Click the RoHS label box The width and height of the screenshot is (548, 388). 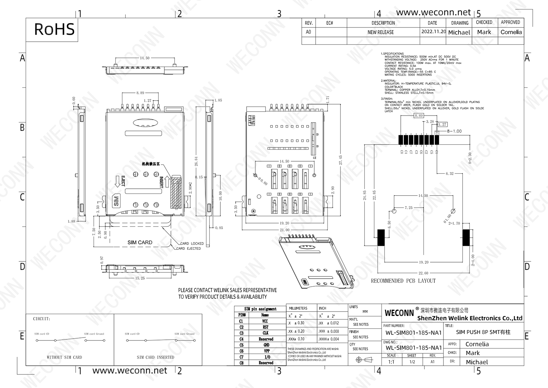point(54,29)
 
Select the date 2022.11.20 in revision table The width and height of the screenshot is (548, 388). point(433,32)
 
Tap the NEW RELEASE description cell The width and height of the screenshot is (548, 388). point(380,32)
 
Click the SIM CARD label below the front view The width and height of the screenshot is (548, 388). point(140,242)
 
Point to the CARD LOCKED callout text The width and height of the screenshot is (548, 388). point(192,244)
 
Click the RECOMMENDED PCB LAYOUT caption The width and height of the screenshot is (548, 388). point(403,281)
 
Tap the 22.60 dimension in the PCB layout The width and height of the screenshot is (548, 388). point(423,273)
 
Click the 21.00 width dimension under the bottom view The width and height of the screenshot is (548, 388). point(284,230)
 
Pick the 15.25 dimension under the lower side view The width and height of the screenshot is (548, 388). point(140,278)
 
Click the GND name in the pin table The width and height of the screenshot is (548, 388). point(266,345)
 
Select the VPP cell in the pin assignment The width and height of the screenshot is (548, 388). point(266,351)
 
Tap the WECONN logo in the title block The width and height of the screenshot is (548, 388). point(399,313)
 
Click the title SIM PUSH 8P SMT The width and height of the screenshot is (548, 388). point(483,332)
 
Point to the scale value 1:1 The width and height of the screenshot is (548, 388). point(391,362)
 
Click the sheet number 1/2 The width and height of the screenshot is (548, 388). point(412,362)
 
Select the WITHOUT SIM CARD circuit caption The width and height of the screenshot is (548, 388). point(64,357)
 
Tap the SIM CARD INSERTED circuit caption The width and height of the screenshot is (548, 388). point(155,357)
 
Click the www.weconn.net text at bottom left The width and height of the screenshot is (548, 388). point(130,370)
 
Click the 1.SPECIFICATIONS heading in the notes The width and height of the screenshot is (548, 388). point(392,54)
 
